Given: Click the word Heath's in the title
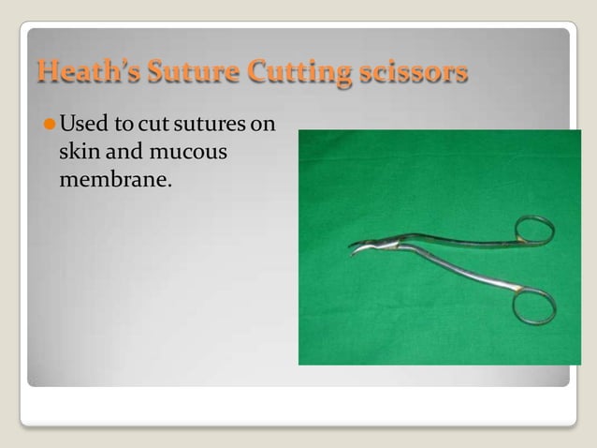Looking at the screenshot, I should click(x=80, y=71).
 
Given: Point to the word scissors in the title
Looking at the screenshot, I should click(x=410, y=71).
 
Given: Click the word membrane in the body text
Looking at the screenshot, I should click(x=114, y=178).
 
